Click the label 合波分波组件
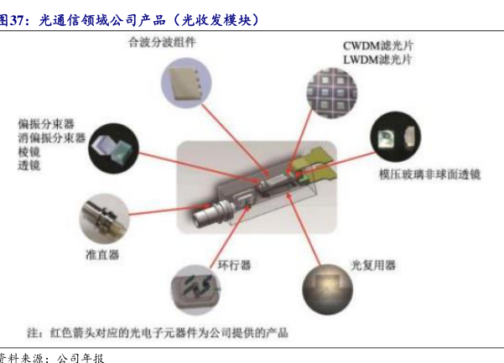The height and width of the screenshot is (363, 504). coord(162,43)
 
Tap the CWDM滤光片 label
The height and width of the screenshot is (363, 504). coord(378,45)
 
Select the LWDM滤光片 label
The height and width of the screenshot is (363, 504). coord(377,60)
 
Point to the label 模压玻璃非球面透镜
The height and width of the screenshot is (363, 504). coord(429,174)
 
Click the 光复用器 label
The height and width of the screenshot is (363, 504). coord(373,266)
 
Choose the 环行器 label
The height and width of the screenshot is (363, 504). coord(234,265)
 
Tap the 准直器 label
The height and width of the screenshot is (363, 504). coord(102,255)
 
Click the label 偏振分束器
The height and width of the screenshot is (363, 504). coord(46,124)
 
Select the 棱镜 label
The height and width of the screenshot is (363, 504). coord(29,152)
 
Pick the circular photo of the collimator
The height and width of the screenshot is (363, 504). coord(104,219)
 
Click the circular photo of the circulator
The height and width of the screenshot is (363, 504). coord(195,290)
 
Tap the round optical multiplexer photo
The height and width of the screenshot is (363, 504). coord(328,289)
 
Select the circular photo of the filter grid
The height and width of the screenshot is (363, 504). coord(332,93)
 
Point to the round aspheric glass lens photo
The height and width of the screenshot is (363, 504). coord(396,137)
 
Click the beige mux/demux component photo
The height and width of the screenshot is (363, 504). coord(186,83)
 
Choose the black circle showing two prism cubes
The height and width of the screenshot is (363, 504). coord(113,148)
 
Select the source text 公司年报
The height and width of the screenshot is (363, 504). coord(81,358)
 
